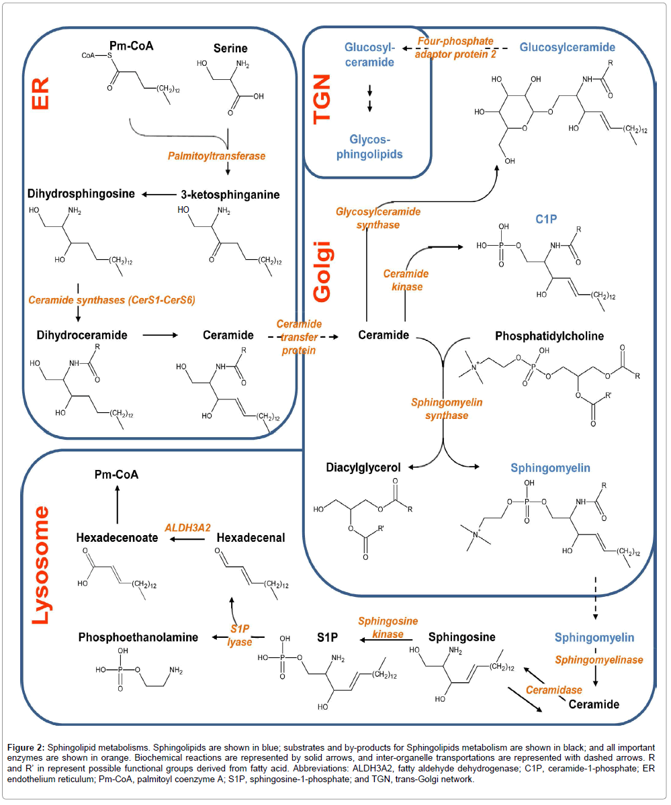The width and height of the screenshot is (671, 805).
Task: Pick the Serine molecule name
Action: (230, 48)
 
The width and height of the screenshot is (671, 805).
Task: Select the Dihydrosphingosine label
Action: (81, 195)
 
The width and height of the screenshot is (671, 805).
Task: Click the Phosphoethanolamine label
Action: (138, 636)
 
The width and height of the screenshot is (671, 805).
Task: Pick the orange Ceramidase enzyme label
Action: (553, 690)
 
